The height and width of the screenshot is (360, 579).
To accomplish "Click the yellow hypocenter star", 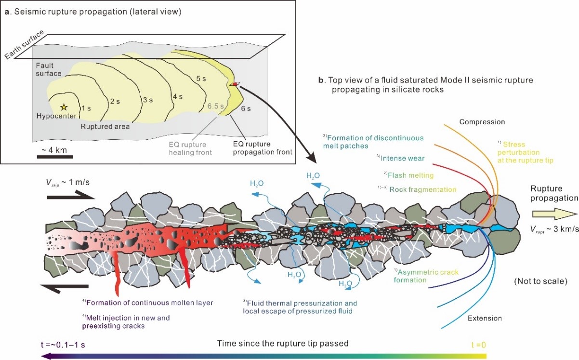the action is pyautogui.click(x=64, y=107).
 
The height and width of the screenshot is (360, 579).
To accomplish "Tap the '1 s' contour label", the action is pyautogui.click(x=86, y=108).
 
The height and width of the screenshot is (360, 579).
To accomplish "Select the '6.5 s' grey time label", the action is pyautogui.click(x=216, y=106).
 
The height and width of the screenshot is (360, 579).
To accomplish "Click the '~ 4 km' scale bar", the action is pyautogui.click(x=55, y=157).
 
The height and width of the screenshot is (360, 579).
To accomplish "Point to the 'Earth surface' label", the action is pyautogui.click(x=24, y=44).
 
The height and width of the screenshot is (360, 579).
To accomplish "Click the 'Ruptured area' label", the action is pyautogui.click(x=105, y=126).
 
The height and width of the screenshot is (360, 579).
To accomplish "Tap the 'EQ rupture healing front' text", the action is pyautogui.click(x=190, y=148).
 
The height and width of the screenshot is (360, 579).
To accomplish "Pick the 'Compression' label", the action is pyautogui.click(x=482, y=122).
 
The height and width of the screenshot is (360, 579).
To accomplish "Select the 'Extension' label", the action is pyautogui.click(x=485, y=318).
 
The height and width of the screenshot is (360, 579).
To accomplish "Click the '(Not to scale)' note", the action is pyautogui.click(x=541, y=281).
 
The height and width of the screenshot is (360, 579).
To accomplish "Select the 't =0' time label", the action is pyautogui.click(x=479, y=345).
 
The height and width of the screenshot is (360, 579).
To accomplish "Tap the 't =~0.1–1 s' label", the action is pyautogui.click(x=63, y=345).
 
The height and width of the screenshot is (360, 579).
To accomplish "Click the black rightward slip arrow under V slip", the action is pyautogui.click(x=71, y=197).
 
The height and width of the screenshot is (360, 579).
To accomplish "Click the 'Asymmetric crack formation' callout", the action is pyautogui.click(x=426, y=276).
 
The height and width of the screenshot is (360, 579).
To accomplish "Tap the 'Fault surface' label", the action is pyautogui.click(x=49, y=69).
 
